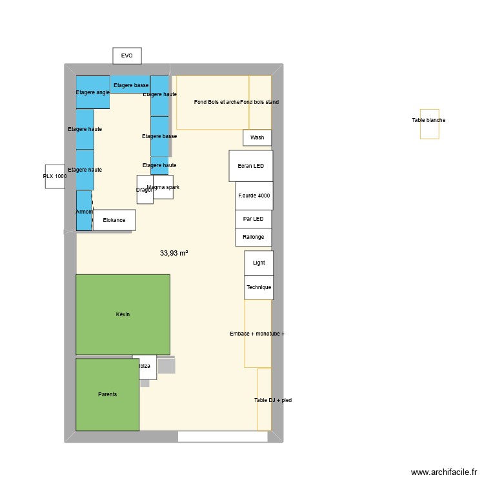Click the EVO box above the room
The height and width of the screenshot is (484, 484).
[x=127, y=56]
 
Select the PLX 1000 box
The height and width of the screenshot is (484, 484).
[x=55, y=176]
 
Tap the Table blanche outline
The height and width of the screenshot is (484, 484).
[x=429, y=124]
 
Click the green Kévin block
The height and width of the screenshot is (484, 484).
[x=123, y=314]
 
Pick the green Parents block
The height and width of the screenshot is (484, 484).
[x=107, y=394]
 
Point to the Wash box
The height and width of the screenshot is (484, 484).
[x=257, y=137]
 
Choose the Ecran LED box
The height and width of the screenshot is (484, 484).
[x=250, y=166]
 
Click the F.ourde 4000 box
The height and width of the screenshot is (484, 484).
[x=254, y=196]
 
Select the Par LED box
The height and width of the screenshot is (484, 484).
[x=253, y=219]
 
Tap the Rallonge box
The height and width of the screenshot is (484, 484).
[x=253, y=237]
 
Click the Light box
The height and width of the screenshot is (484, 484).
[x=259, y=263]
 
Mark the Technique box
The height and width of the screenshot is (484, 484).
[x=259, y=287]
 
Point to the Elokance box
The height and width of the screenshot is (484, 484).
[x=114, y=220]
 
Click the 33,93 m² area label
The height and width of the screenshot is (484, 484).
[x=174, y=254]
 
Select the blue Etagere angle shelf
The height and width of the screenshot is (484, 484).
[x=93, y=92]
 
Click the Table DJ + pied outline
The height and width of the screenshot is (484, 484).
[x=264, y=400]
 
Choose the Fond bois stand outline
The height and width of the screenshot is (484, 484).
[x=260, y=102]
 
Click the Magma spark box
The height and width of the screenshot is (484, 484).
[x=163, y=187]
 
